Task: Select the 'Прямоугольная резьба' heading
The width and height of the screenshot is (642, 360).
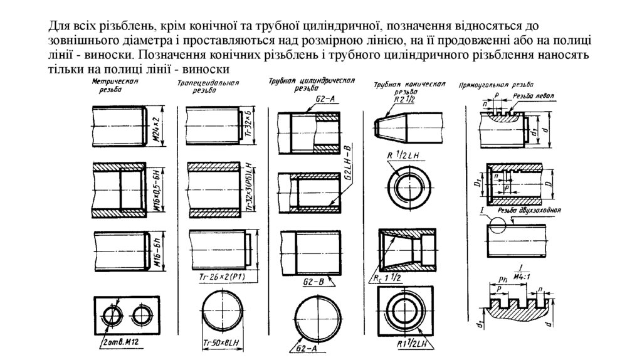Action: coord(496,84)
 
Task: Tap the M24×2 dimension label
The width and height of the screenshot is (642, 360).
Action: coord(157,127)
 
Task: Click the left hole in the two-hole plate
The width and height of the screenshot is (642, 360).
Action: coord(111,314)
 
